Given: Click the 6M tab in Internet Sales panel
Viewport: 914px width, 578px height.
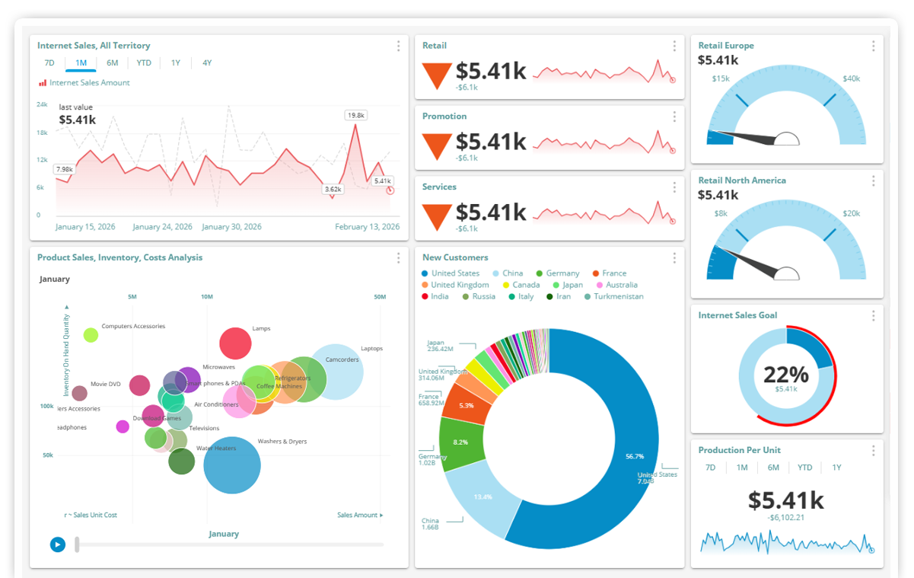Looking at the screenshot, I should click(x=113, y=63).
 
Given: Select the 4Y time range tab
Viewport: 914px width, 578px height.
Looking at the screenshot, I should click(x=207, y=63).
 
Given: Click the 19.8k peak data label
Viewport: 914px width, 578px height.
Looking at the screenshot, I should click(x=355, y=115).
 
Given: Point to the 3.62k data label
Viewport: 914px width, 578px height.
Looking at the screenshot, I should click(x=333, y=189).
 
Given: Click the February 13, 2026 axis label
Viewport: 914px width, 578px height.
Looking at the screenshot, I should click(x=368, y=227).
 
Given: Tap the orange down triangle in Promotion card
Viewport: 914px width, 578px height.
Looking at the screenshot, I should click(x=437, y=146).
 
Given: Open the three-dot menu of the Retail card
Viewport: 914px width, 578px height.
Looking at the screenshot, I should click(x=674, y=46).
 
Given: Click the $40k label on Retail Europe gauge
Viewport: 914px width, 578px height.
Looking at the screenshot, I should click(x=851, y=78).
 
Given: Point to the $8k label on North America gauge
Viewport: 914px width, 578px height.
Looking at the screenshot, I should click(x=721, y=214).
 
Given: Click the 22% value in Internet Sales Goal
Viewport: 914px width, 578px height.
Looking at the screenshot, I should click(x=786, y=375).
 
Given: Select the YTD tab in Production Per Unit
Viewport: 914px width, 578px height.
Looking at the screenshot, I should click(x=804, y=468).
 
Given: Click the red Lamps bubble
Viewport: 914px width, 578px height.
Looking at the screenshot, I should click(x=235, y=343).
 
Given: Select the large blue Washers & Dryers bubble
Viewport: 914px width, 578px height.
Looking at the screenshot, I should click(x=232, y=465).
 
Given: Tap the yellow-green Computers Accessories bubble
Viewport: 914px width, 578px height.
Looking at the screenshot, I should click(x=91, y=335).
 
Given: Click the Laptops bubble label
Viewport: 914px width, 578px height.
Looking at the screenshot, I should click(x=371, y=349).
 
